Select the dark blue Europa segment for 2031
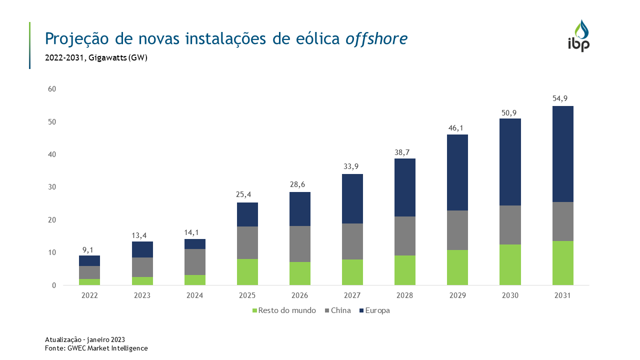point(562,154)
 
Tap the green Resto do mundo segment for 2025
point(247,272)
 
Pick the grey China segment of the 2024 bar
point(194,262)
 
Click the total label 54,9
point(562,98)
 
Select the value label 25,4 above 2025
point(247,194)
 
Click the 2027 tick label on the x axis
point(352,295)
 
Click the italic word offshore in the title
point(376,38)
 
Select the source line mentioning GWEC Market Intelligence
point(96,348)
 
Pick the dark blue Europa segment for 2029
point(457,172)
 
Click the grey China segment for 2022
point(89,272)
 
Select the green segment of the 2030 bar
point(510,265)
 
